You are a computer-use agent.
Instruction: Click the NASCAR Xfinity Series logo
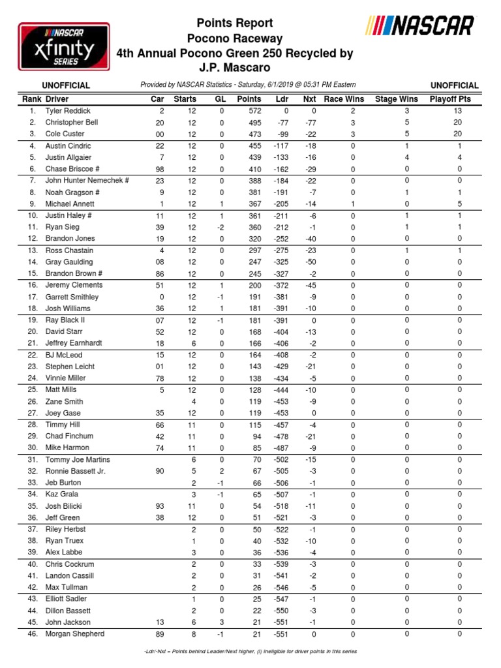point(63,47)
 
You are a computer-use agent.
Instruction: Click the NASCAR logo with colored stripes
point(421,26)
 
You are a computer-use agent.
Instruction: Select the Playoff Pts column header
point(450,99)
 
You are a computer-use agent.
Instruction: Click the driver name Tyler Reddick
point(68,111)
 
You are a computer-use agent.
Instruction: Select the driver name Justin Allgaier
point(69,158)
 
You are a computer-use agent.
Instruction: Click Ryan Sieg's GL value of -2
point(221,227)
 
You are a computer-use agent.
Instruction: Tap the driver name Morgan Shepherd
point(74,633)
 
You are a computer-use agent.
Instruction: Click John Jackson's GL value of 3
point(222,622)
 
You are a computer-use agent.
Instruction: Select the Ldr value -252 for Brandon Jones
point(282,239)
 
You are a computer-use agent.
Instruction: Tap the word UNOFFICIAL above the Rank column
point(66,85)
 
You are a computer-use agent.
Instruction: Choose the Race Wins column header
point(344,99)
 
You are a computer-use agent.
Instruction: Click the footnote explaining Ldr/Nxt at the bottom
point(250,652)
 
